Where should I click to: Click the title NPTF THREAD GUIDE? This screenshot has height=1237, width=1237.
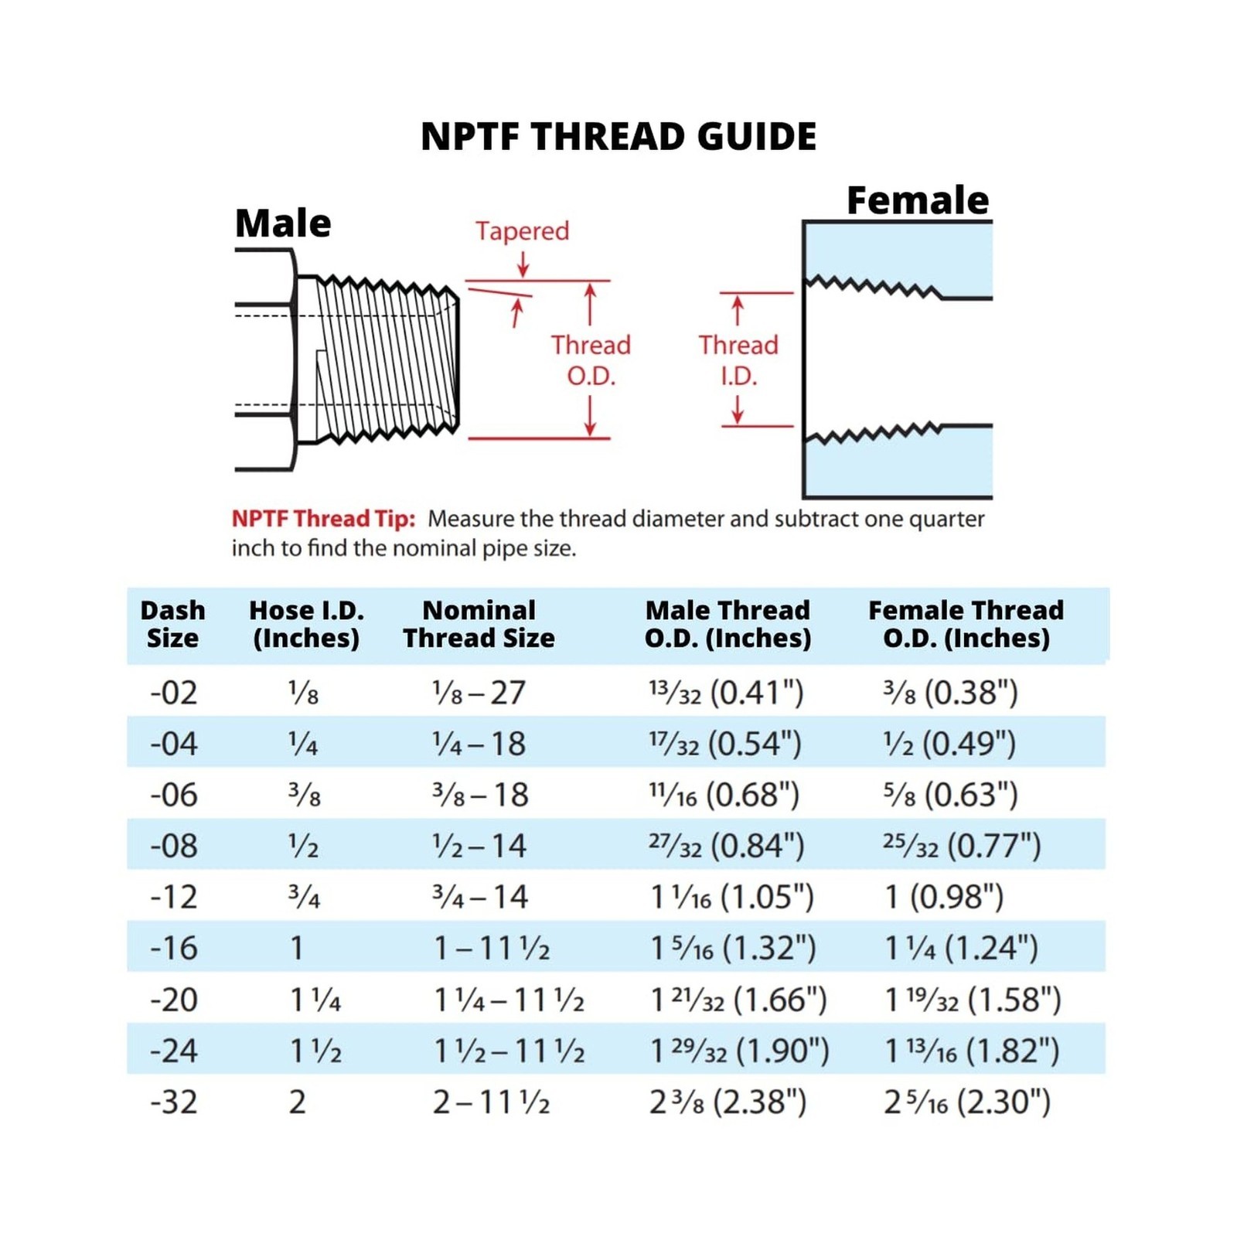618,137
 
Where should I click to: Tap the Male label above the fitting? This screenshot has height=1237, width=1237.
283,223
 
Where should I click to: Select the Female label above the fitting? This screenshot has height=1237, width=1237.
918,200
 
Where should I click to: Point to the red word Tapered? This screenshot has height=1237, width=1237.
523,231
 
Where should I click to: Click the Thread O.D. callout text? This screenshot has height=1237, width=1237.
591,360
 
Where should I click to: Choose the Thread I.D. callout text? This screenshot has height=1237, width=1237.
738,360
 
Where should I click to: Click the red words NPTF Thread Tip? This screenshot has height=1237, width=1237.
323,519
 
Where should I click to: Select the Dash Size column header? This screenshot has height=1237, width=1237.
172,624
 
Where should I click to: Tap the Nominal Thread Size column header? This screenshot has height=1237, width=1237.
479,624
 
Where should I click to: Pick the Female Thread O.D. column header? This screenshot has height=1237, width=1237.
966,624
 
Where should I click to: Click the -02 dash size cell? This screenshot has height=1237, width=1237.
174,693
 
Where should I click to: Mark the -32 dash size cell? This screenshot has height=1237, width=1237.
174,1102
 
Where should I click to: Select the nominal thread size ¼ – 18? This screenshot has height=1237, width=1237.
479,744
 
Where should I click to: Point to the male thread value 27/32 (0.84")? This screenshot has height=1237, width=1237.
727,846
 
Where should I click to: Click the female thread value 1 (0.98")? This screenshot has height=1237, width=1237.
944,897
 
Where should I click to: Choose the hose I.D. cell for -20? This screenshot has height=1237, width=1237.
315,1000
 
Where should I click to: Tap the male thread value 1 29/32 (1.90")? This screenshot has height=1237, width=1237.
740,1051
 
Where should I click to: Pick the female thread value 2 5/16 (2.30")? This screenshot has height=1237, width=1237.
968,1102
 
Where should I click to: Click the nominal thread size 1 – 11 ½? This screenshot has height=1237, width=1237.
492,949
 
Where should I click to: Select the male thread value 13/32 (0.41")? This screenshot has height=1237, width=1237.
727,693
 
